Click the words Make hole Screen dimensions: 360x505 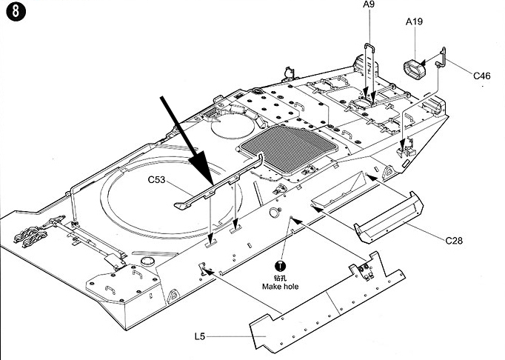pos(280,287)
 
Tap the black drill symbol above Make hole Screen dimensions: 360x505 pos(280,267)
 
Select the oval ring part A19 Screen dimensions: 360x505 pos(413,72)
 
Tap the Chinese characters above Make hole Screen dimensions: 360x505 pos(280,278)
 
